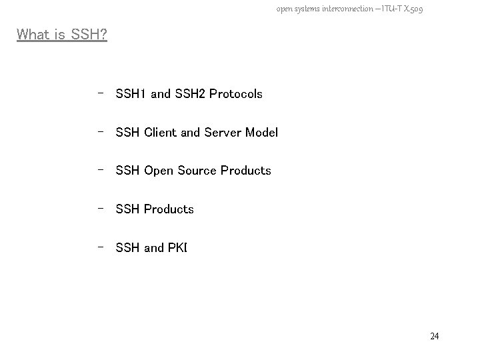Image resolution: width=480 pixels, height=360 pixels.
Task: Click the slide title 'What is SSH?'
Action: (62, 34)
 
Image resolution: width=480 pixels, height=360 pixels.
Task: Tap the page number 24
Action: (435, 336)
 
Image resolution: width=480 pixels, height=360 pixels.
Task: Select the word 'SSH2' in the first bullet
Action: (191, 94)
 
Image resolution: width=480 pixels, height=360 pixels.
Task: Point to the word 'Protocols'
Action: (236, 94)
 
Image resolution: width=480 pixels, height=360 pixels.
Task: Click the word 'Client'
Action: (161, 133)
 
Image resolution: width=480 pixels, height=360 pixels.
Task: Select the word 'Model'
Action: (261, 133)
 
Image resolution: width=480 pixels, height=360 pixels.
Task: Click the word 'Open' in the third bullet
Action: (159, 171)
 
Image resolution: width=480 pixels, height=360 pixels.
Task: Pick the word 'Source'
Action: (198, 171)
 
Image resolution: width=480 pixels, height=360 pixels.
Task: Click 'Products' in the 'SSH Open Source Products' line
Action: (246, 171)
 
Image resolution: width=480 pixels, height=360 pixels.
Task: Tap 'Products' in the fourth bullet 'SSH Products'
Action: (169, 209)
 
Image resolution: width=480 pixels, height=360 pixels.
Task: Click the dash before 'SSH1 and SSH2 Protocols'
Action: (99, 93)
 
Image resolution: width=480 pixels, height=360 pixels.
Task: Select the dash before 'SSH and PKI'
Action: (99, 247)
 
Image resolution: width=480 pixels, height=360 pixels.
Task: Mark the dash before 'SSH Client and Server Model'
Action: (99, 131)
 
